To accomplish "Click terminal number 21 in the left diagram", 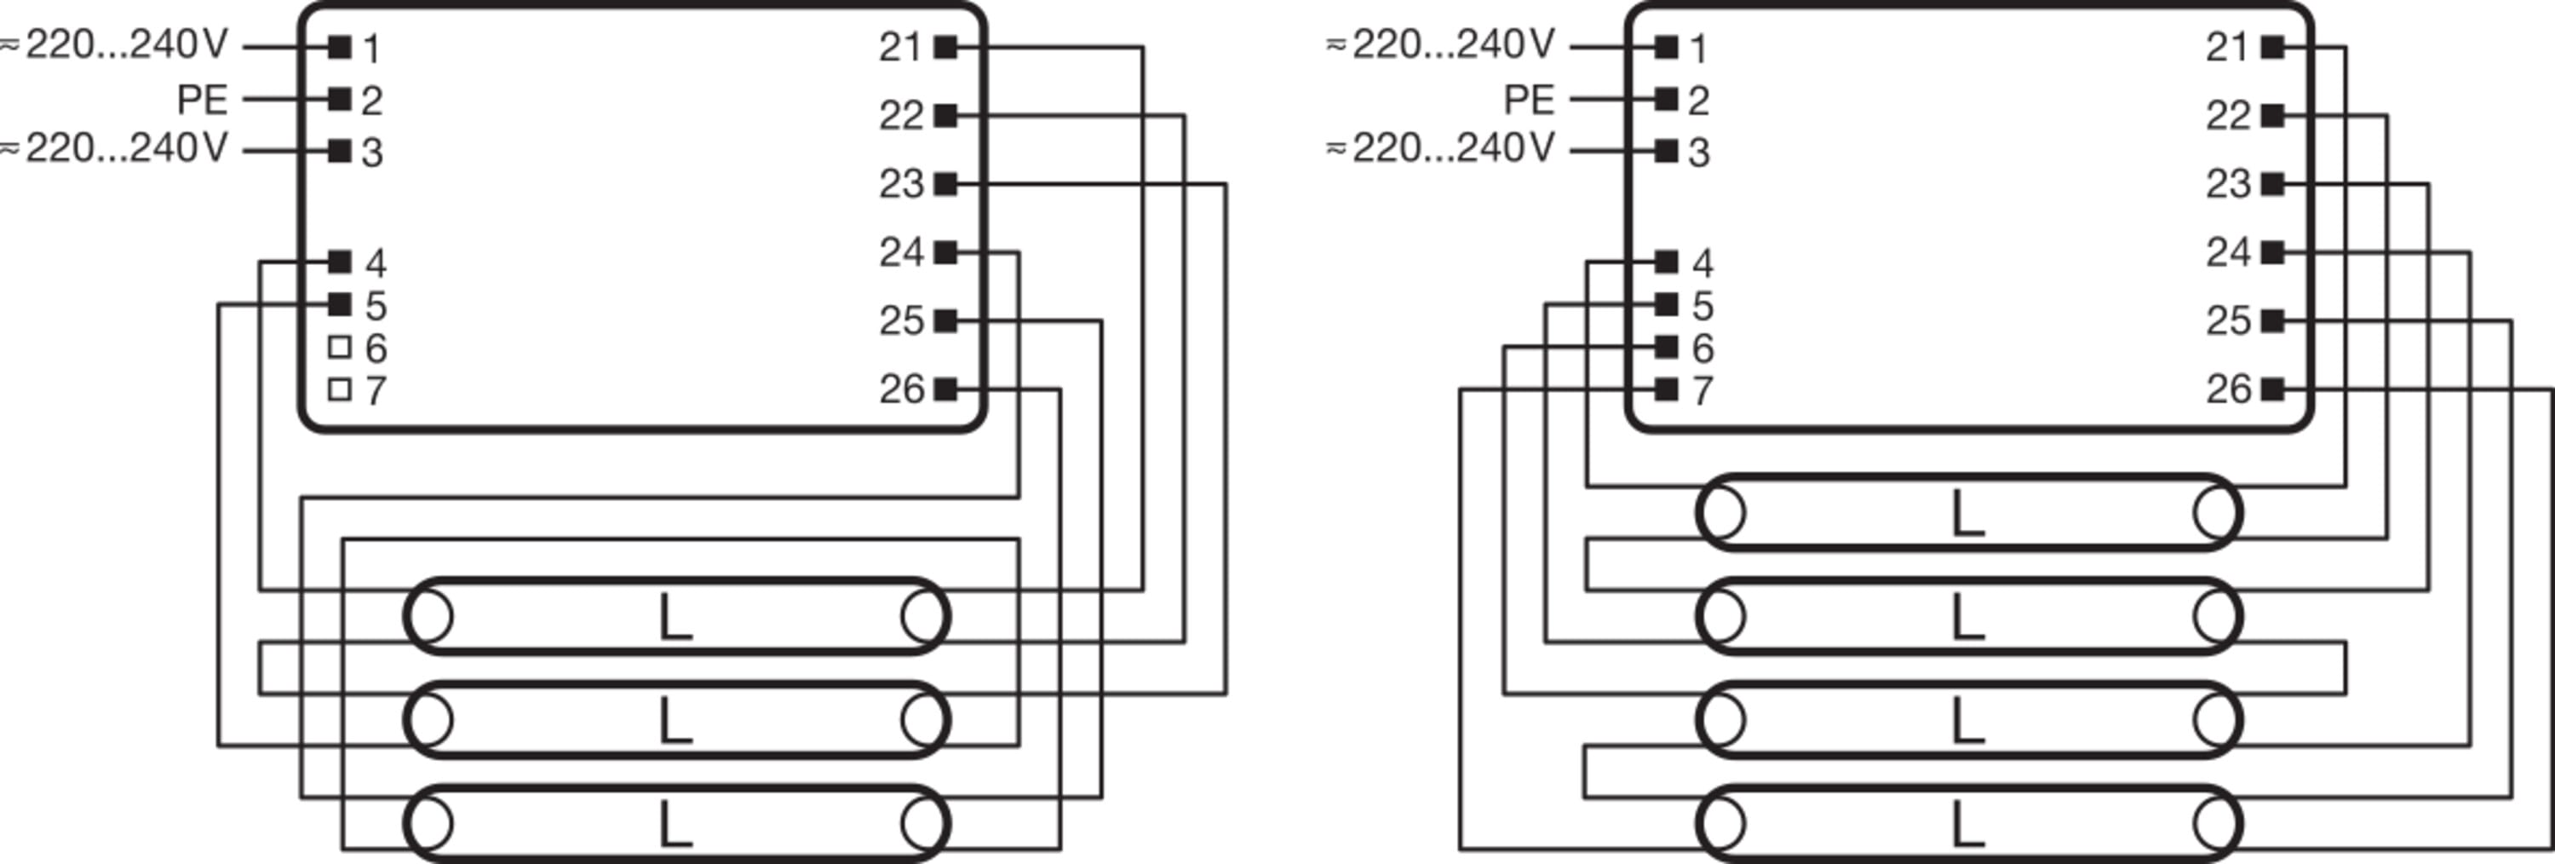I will (899, 48).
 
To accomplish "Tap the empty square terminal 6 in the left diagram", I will (339, 347).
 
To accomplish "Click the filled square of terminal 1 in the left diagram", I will (339, 47).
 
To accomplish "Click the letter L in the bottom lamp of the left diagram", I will (675, 824).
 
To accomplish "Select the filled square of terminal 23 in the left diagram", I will (946, 183).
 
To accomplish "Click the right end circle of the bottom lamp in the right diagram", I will (2217, 824).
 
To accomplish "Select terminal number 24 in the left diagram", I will (900, 253).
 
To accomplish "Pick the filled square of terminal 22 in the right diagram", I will (2272, 116).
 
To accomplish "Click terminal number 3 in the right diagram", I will (1699, 153).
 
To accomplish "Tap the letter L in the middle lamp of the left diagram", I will (675, 721).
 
